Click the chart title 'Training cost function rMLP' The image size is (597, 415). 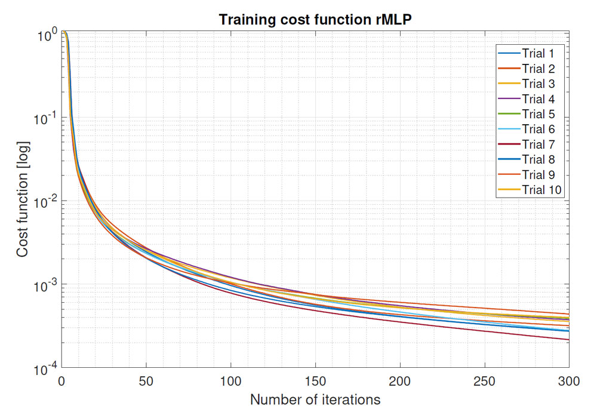pyautogui.click(x=316, y=19)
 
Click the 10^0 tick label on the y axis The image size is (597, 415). pyautogui.click(x=46, y=34)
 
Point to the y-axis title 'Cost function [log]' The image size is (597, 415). pyautogui.click(x=22, y=201)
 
